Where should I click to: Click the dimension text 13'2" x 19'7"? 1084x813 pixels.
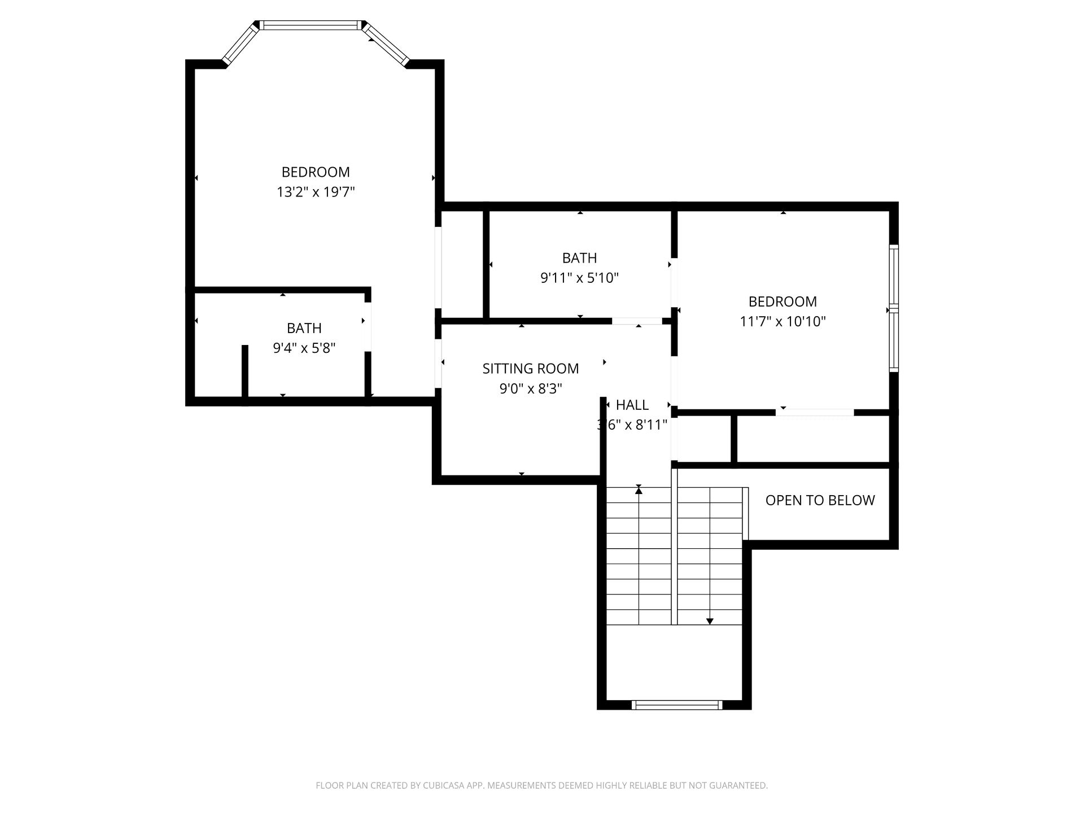pos(316,193)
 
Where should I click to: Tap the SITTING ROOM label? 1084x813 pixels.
pos(531,369)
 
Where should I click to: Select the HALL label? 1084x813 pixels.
pos(632,405)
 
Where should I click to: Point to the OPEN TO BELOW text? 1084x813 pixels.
pos(820,500)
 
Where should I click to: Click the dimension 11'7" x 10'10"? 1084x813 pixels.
pos(783,322)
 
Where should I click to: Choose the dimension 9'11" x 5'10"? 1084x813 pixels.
pos(580,278)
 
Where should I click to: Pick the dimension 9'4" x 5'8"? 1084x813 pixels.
pos(304,348)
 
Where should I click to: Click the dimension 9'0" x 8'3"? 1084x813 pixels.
pos(531,389)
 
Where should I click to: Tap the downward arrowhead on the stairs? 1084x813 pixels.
pos(710,621)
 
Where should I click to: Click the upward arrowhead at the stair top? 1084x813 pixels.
pos(639,491)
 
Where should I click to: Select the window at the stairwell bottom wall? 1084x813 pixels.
pos(676,705)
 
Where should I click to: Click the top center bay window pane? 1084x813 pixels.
pos(311,25)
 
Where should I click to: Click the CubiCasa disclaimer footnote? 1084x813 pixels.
pos(541,785)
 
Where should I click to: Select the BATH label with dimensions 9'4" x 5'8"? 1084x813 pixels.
pos(304,328)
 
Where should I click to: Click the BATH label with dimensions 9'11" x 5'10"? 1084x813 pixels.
pos(580,258)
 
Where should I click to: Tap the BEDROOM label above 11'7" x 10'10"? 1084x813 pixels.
pos(783,301)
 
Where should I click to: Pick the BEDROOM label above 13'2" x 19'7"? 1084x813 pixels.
pos(316,172)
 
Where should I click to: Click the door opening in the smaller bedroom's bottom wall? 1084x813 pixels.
pos(814,413)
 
